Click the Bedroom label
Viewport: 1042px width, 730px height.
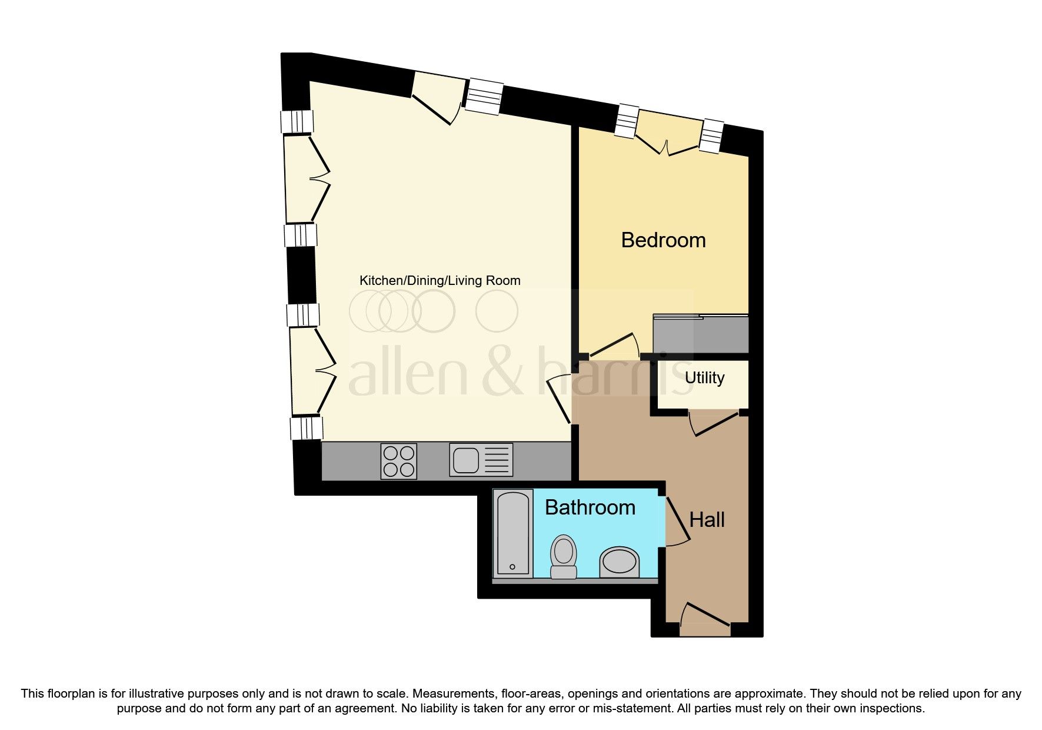click(663, 240)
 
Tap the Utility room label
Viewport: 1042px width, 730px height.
click(704, 377)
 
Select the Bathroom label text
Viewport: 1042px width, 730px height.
click(590, 507)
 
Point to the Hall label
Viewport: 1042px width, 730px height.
click(707, 520)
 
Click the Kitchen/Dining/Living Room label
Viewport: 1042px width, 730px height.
click(440, 280)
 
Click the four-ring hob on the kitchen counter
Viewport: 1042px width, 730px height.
click(399, 460)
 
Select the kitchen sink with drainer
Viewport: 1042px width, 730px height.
click(481, 460)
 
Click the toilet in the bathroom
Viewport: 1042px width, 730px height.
click(563, 556)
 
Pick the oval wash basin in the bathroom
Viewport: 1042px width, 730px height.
click(619, 562)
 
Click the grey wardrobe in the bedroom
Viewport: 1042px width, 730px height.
click(701, 334)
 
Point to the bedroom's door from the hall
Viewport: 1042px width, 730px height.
click(614, 347)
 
